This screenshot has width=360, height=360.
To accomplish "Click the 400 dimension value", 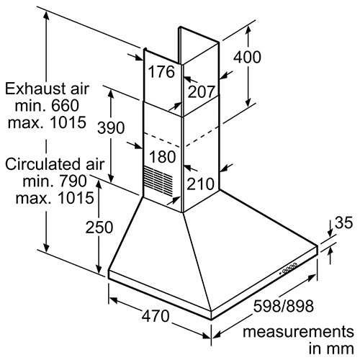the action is pos(247,57).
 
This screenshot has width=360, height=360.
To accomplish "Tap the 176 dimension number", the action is pos(161,71).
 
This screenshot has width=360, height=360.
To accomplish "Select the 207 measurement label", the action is pos(201,91).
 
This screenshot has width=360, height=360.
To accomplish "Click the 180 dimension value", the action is pos(163,157).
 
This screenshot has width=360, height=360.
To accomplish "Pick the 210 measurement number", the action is pos(200,184).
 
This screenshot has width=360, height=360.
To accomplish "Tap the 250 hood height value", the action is pos(99,227).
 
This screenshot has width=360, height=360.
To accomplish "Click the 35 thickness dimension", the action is pos(343,222).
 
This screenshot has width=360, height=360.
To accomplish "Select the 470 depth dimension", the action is pos(156,316).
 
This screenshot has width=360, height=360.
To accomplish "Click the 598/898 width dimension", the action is pos(284,306).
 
